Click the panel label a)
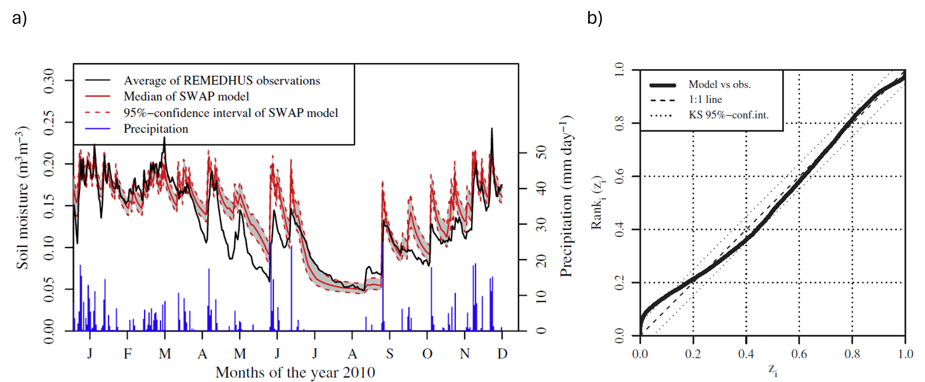19,18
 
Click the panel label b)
595,18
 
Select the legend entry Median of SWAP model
186,96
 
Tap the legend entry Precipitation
156,129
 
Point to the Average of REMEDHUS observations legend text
222,80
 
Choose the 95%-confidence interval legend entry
231,113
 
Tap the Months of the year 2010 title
295,372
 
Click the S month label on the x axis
390,354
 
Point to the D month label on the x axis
502,354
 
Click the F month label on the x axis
128,354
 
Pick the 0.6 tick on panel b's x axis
799,354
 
